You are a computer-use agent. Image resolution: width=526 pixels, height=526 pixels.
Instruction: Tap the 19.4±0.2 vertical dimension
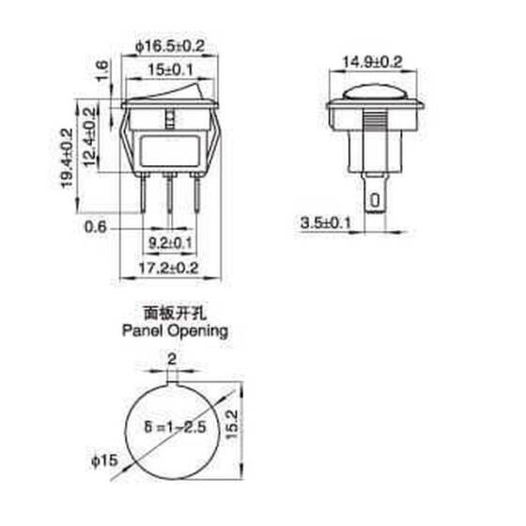(67, 157)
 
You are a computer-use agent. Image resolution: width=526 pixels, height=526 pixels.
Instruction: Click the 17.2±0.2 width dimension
(170, 268)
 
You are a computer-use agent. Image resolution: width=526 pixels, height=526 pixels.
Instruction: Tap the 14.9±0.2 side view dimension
(373, 63)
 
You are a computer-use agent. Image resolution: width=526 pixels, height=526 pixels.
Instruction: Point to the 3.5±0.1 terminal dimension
(325, 223)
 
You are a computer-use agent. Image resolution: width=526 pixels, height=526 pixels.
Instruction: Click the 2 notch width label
(171, 359)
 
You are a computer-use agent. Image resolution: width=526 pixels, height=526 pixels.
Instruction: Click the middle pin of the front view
(170, 199)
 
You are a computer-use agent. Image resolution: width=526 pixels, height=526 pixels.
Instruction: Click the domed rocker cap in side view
(373, 93)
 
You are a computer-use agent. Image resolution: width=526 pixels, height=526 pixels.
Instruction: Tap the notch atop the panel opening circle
(171, 379)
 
